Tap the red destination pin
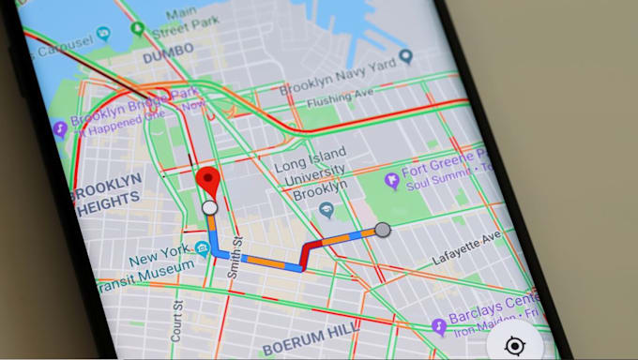[206, 179]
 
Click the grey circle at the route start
[383, 230]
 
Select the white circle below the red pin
[209, 206]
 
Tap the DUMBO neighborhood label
[170, 57]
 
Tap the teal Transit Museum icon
[203, 248]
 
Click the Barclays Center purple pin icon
[438, 326]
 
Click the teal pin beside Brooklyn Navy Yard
[405, 57]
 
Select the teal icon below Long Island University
[327, 210]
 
